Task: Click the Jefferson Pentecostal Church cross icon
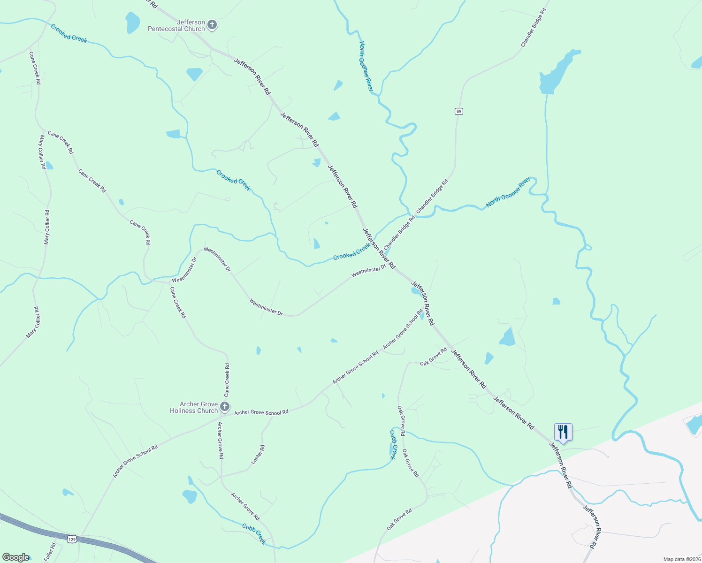pos(212,25)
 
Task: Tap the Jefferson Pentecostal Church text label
pos(176,25)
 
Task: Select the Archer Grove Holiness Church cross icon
pos(225,407)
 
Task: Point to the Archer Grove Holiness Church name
pos(194,407)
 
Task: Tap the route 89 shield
pos(459,111)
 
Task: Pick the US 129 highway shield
pos(72,539)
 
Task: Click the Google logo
pos(15,557)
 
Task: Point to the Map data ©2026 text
pos(681,559)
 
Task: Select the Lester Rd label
pos(258,455)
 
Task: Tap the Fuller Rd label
pos(50,552)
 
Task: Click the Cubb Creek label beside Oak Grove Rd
pos(393,444)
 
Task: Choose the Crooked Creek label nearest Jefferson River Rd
pos(351,251)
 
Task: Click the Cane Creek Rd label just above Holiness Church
pos(227,380)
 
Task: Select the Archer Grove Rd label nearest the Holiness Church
pos(220,440)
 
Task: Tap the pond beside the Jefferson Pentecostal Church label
pos(133,22)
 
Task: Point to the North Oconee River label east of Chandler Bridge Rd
pos(508,192)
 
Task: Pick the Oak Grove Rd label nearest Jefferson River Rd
pos(433,357)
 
